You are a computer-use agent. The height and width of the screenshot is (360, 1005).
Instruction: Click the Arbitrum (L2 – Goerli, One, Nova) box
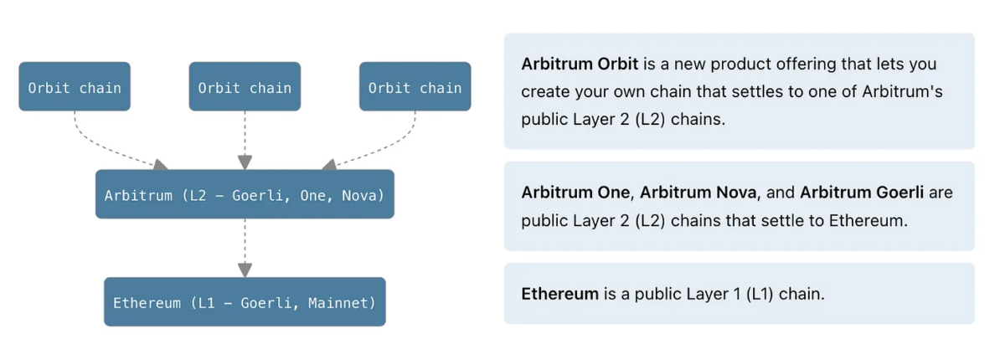[x=245, y=194]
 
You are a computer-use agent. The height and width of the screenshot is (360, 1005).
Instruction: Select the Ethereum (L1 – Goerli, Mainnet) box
[x=245, y=302]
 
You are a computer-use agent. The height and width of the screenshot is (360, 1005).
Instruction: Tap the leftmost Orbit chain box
[x=75, y=87]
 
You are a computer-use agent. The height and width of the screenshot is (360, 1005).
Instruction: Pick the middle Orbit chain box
[x=245, y=87]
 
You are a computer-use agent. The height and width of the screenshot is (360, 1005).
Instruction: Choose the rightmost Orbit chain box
[x=415, y=87]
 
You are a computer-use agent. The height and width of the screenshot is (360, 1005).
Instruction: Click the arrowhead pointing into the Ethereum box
[x=245, y=270]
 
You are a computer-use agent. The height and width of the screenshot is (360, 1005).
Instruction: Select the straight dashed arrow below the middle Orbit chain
[x=245, y=134]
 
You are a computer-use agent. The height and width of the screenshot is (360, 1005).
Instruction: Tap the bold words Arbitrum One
[x=575, y=193]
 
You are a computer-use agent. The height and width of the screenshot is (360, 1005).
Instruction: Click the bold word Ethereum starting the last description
[x=559, y=294]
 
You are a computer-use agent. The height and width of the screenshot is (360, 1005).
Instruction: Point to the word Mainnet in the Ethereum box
[x=341, y=303]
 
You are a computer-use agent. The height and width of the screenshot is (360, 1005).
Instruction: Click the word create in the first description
[x=544, y=91]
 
